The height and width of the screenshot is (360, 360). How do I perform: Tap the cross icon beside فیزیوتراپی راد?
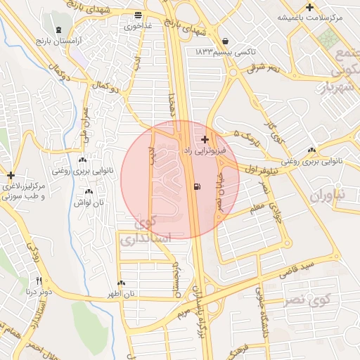click(205, 140)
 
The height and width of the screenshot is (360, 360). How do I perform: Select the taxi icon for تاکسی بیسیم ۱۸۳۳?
click(224, 41)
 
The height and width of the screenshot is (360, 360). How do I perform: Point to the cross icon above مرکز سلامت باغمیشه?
click(309, 7)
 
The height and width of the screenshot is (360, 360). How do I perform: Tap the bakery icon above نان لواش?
click(89, 192)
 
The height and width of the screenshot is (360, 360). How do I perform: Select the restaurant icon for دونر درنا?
click(39, 280)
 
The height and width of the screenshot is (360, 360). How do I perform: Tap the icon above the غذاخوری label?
click(138, 15)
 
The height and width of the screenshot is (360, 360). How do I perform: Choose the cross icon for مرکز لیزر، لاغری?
click(11, 175)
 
